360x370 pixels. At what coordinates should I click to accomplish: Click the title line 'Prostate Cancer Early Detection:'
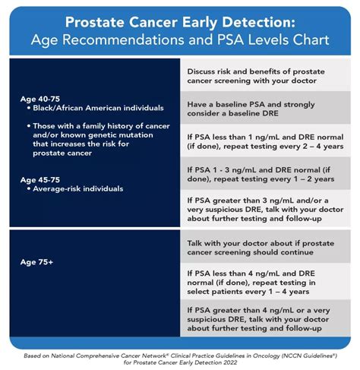pyautogui.click(x=180, y=21)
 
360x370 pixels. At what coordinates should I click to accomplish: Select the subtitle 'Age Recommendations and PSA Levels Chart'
pyautogui.click(x=180, y=40)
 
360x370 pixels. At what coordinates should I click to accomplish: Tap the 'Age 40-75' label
pyautogui.click(x=40, y=99)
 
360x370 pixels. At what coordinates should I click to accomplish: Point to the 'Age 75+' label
pyautogui.click(x=35, y=261)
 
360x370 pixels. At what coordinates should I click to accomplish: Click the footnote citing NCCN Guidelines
pyautogui.click(x=180, y=357)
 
